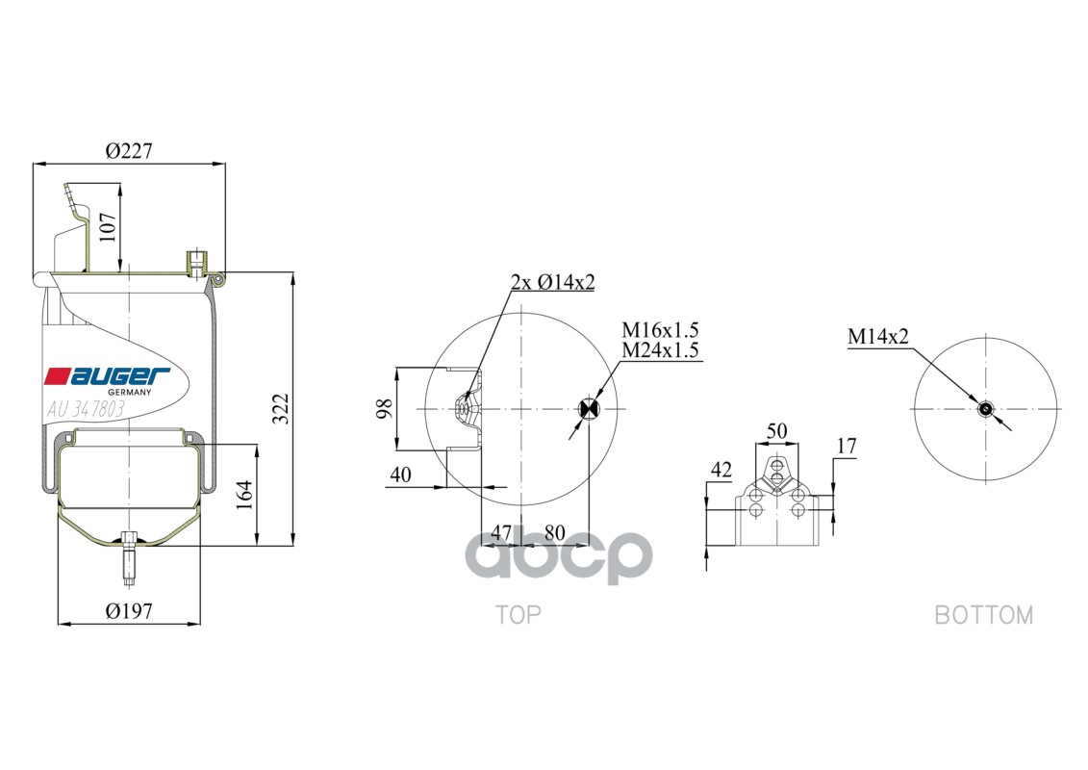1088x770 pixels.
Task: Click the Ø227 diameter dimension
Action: pyautogui.click(x=129, y=151)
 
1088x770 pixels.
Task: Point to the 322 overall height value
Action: pyautogui.click(x=278, y=410)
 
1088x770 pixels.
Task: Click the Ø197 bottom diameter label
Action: pyautogui.click(x=129, y=610)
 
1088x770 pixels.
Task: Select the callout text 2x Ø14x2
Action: pyautogui.click(x=552, y=282)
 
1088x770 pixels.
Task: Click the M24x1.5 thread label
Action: pyautogui.click(x=659, y=350)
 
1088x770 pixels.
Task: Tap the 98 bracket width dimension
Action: pyautogui.click(x=384, y=409)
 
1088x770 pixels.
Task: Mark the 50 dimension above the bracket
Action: pyautogui.click(x=776, y=429)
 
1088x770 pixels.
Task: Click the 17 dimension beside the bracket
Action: pyautogui.click(x=846, y=446)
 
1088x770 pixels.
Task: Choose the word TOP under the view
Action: pyautogui.click(x=518, y=614)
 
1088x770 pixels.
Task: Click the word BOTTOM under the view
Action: pyautogui.click(x=983, y=614)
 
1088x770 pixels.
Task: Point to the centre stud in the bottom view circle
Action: pyautogui.click(x=984, y=409)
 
